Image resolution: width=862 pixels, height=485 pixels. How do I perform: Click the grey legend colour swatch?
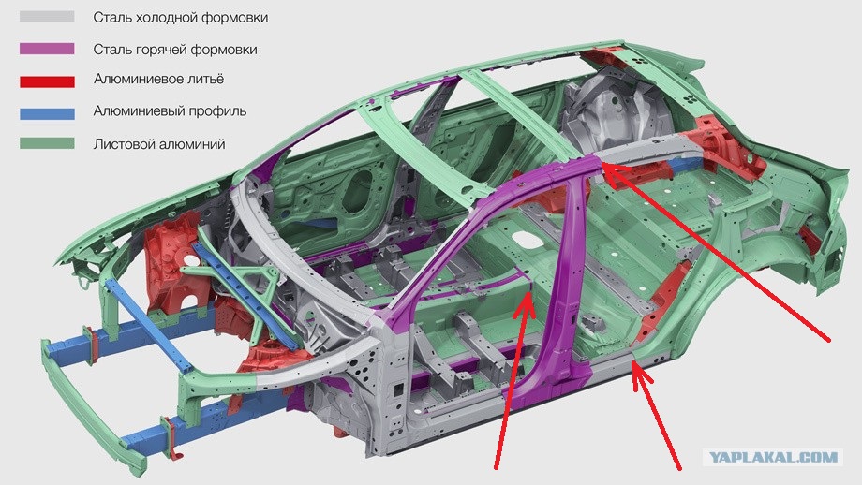[x=47, y=17]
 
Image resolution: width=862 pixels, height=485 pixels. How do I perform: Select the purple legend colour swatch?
[x=47, y=49]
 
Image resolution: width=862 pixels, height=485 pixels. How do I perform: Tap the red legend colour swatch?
[x=47, y=81]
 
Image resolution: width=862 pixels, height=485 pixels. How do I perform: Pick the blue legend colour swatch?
[x=47, y=113]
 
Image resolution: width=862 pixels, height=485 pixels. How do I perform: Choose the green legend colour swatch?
[x=47, y=143]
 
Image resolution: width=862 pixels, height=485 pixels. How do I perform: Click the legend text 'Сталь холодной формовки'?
[x=180, y=18]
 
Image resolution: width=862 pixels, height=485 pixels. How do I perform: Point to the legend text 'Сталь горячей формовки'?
[x=175, y=50]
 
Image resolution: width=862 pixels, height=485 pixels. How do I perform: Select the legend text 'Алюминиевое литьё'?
[x=159, y=79]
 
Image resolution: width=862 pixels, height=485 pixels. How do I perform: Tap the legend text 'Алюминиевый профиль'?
[x=170, y=111]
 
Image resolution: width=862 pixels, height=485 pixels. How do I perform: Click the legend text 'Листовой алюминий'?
[x=159, y=144]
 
